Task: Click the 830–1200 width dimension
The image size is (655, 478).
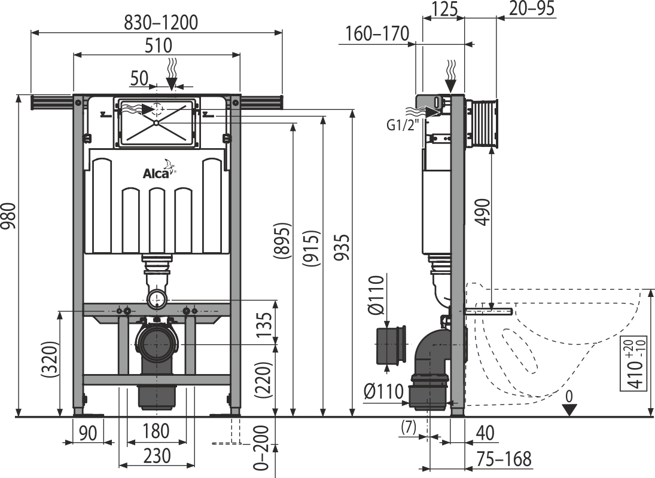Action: (x=161, y=22)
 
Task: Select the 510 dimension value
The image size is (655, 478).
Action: (x=159, y=45)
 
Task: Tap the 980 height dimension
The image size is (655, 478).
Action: (x=9, y=216)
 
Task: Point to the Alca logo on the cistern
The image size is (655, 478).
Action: (x=159, y=170)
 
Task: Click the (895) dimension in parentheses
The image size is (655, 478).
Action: (x=282, y=241)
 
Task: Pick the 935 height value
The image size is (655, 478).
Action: (x=342, y=247)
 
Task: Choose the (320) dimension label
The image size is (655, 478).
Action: (x=50, y=360)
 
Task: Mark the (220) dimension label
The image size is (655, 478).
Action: (x=264, y=381)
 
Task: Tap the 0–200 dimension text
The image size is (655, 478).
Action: (x=261, y=448)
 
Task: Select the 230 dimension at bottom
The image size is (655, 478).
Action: (x=157, y=455)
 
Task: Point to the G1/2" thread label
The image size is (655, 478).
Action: (x=403, y=124)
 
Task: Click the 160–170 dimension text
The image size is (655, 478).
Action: (x=377, y=34)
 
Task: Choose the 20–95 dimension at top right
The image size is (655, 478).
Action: (x=532, y=8)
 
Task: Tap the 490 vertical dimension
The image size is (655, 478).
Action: (x=483, y=212)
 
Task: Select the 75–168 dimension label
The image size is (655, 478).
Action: (x=504, y=459)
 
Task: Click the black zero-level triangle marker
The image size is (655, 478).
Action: (x=569, y=410)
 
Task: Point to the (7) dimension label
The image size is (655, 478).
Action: (x=409, y=428)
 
